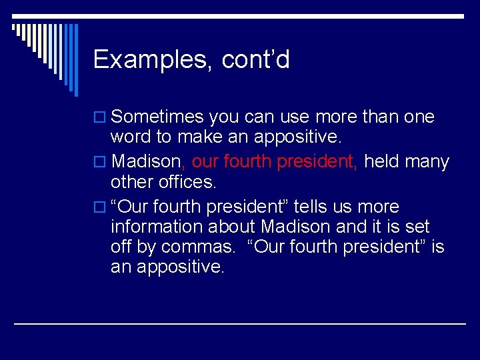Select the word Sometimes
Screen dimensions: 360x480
(157, 117)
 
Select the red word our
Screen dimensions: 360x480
(205, 162)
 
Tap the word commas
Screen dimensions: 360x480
(197, 247)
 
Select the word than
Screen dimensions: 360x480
(381, 117)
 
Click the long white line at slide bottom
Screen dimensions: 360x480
(240, 323)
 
